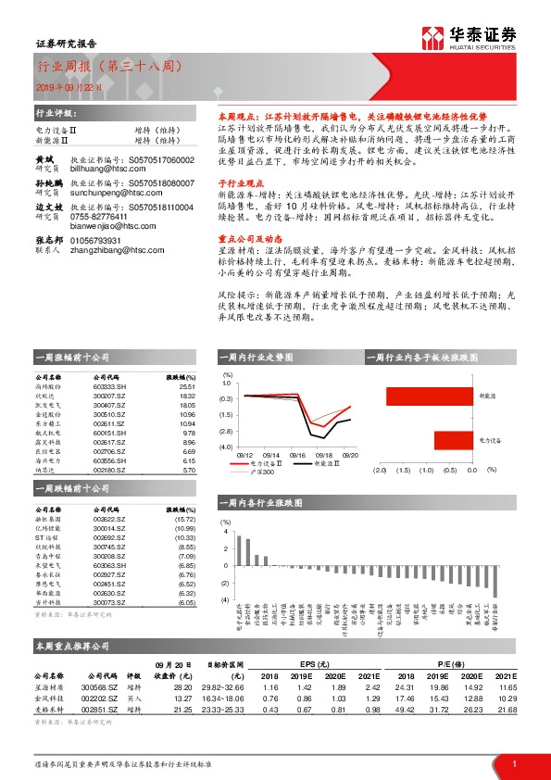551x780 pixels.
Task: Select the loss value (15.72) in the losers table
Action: [x=186, y=520]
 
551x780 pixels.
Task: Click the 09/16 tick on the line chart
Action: [x=298, y=455]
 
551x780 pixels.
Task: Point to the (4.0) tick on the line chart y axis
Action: [x=226, y=447]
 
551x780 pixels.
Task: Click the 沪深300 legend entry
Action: [x=263, y=472]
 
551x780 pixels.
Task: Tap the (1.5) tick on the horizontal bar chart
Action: [x=402, y=470]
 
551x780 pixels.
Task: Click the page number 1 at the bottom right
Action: [x=513, y=762]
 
